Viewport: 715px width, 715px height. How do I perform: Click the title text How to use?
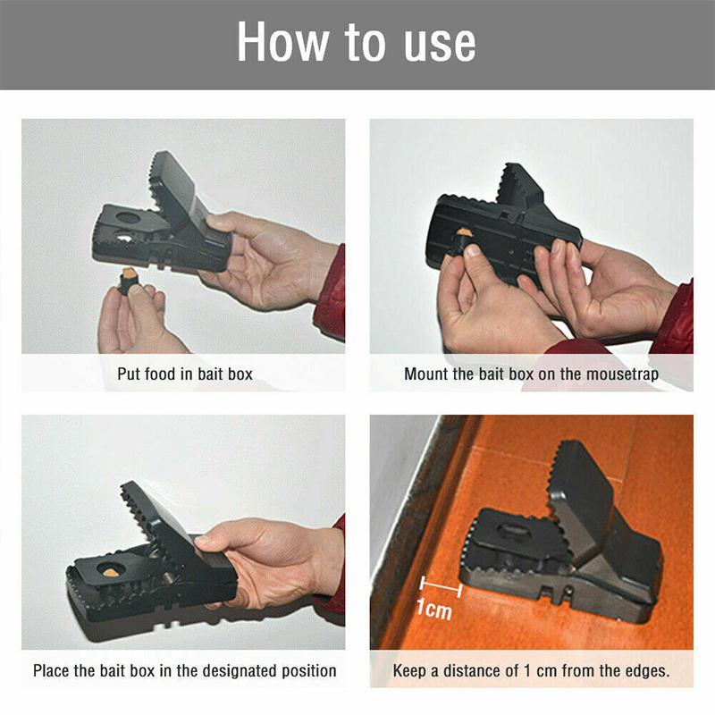coord(357,44)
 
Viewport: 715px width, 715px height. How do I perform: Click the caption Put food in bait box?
coord(185,374)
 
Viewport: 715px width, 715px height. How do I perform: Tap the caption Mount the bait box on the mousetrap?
coord(531,374)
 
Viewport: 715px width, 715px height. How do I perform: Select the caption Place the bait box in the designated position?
coord(185,669)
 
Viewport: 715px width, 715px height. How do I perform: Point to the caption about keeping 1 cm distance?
coord(531,669)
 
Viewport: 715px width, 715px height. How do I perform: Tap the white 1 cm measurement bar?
coord(439,587)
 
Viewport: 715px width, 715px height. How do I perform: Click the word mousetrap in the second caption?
coord(622,374)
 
